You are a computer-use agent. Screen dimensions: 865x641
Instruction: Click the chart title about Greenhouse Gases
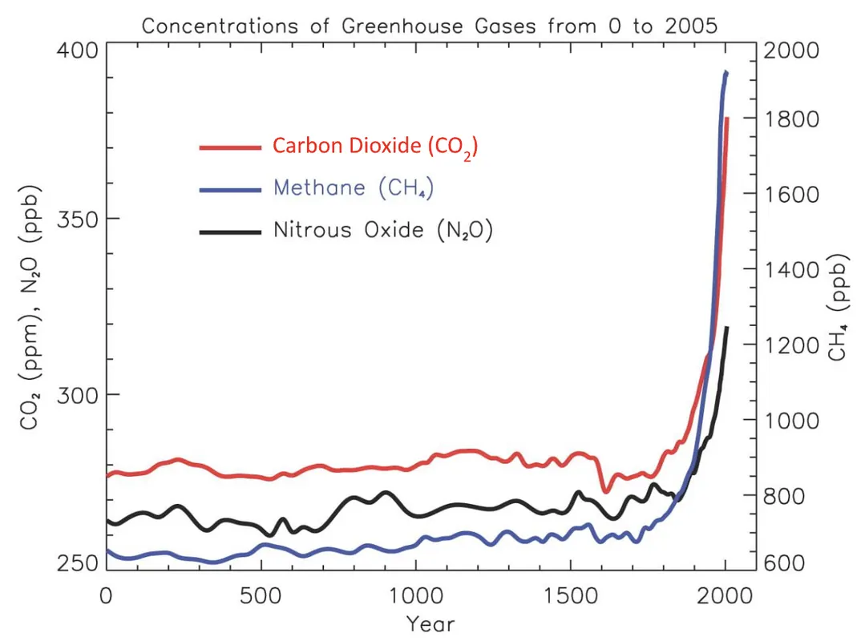(x=430, y=26)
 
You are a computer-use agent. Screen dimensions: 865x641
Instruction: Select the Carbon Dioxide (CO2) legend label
(x=375, y=147)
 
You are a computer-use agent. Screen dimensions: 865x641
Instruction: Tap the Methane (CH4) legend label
(x=354, y=188)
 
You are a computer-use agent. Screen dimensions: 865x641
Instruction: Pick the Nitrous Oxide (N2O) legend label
(x=383, y=230)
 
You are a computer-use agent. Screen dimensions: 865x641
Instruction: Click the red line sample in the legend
(x=230, y=147)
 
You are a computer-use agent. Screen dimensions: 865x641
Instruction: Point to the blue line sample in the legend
(x=230, y=190)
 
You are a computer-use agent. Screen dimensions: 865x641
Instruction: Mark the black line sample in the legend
(x=230, y=232)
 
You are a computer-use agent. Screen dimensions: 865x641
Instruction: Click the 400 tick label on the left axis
(x=77, y=50)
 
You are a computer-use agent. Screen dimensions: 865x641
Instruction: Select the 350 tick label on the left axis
(x=77, y=220)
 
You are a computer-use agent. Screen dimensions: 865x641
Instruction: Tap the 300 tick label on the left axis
(x=77, y=395)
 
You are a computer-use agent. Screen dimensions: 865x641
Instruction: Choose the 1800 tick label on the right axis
(x=791, y=119)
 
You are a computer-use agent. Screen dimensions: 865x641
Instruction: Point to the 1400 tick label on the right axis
(x=791, y=270)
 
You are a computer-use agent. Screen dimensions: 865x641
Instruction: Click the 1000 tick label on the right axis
(x=791, y=421)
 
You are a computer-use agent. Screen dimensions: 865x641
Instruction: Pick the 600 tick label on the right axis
(x=784, y=563)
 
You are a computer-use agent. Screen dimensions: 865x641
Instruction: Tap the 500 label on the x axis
(x=261, y=596)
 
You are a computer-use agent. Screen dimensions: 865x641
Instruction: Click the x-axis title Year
(x=430, y=624)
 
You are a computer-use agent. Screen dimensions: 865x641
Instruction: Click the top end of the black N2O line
(x=726, y=329)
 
